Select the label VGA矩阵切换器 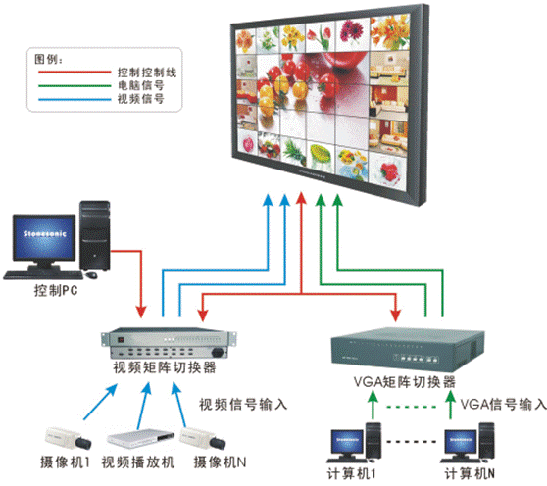tap(405, 382)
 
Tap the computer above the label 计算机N tap(467, 441)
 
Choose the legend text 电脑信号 tap(136, 86)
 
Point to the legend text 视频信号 tap(136, 100)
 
